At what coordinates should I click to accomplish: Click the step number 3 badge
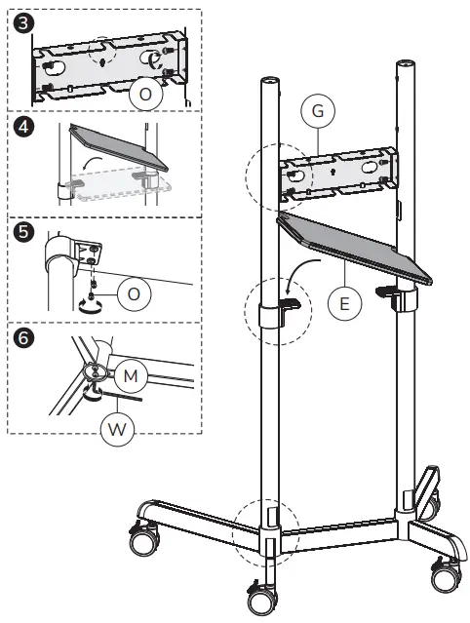[x=19, y=20]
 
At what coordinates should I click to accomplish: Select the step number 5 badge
[x=19, y=234]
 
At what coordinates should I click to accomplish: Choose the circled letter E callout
[x=344, y=303]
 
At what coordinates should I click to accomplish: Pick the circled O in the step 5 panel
[x=135, y=292]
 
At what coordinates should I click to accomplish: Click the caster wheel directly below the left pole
[x=262, y=596]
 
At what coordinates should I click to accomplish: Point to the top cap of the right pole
[x=406, y=66]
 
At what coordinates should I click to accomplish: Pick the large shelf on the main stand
[x=356, y=248]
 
